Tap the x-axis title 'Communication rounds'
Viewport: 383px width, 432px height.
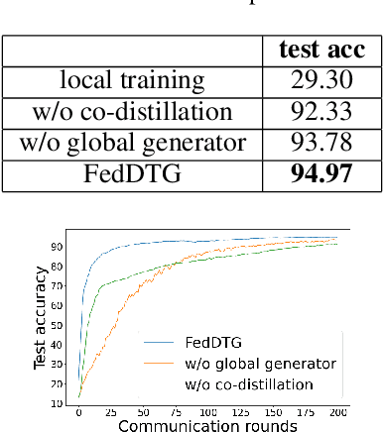(x=206, y=423)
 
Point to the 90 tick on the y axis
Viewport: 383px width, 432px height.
(x=61, y=246)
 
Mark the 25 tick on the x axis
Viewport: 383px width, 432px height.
(x=111, y=409)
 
